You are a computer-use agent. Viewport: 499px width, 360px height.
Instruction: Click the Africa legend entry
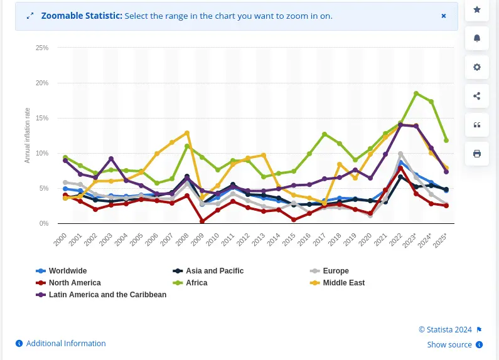click(x=196, y=283)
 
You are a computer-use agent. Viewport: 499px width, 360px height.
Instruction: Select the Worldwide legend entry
click(x=67, y=271)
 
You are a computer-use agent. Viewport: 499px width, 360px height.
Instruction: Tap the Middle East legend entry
click(x=343, y=283)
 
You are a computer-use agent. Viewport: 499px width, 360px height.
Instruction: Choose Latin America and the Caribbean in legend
click(x=107, y=295)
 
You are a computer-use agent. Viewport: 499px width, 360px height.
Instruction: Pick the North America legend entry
click(x=74, y=283)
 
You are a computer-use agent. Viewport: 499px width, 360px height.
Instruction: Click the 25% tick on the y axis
click(x=42, y=48)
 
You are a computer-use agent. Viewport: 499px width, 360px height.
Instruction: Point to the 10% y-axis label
click(x=42, y=153)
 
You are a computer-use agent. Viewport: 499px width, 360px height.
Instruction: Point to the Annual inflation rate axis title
click(x=28, y=135)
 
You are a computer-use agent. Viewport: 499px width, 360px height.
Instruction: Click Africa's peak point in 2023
click(x=416, y=93)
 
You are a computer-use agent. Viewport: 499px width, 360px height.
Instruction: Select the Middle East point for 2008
click(x=187, y=133)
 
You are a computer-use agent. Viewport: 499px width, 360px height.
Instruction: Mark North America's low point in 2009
click(x=202, y=221)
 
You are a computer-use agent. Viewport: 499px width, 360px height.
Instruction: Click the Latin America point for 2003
click(x=111, y=159)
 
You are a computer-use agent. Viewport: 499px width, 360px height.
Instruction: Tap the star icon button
click(x=477, y=9)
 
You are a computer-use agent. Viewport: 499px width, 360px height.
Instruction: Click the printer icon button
click(x=477, y=154)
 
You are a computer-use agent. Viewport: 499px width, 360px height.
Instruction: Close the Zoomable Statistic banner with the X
click(x=444, y=16)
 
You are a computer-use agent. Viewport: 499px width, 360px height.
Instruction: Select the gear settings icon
click(x=477, y=67)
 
